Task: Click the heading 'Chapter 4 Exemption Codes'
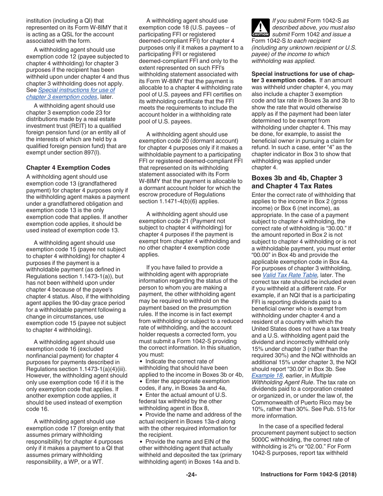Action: pos(68,168)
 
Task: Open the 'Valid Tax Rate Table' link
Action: pos(290,275)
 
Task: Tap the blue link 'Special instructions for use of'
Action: pos(77,90)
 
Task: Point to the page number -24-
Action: pos(191,475)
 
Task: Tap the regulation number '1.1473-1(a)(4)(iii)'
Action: pos(101,369)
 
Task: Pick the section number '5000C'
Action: pos(262,440)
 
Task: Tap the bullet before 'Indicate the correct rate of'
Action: pos(141,361)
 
